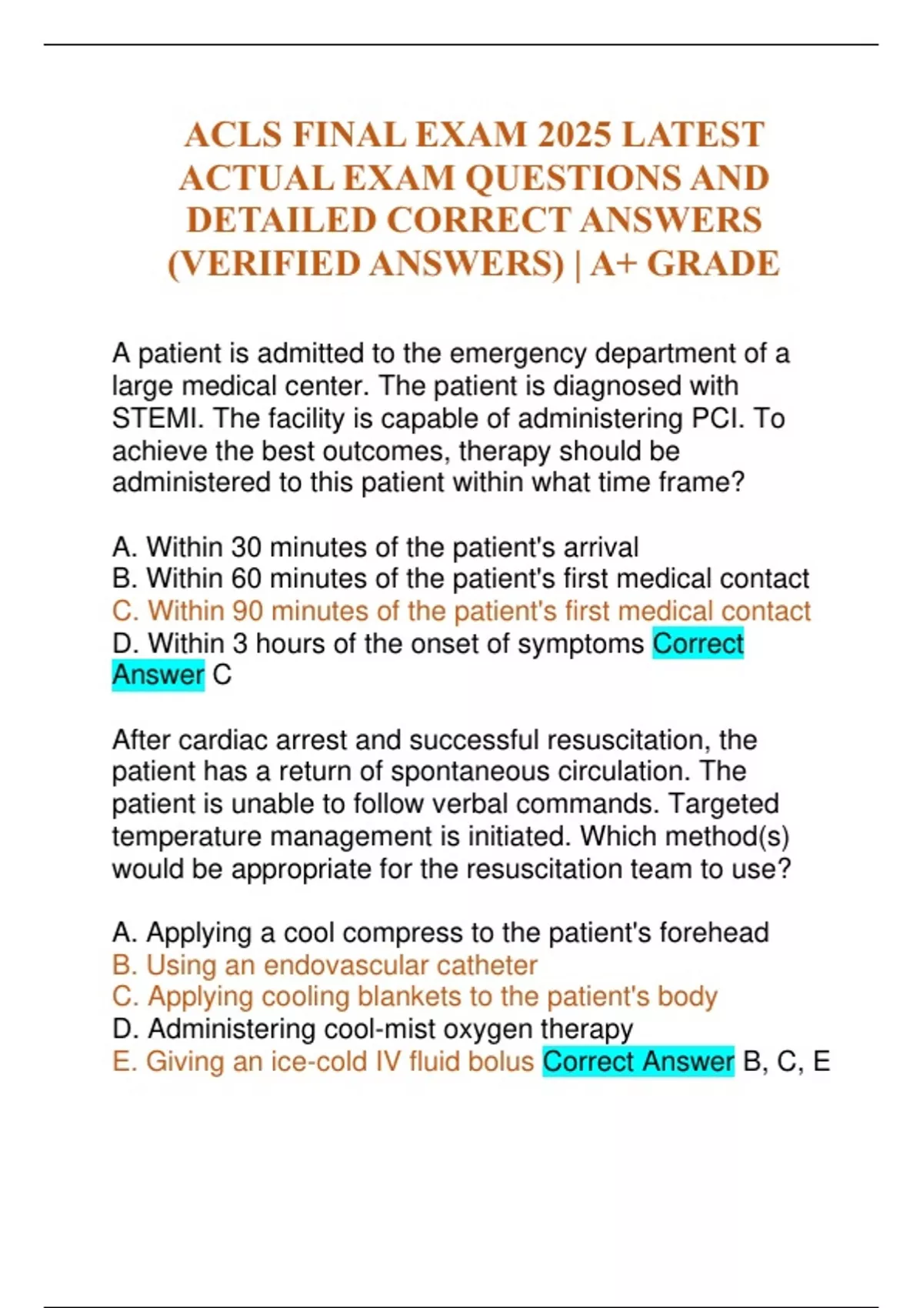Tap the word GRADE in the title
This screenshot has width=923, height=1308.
click(713, 264)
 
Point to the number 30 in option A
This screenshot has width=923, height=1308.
click(246, 547)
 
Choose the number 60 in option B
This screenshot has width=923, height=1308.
click(246, 579)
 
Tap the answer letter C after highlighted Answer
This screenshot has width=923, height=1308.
click(222, 676)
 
